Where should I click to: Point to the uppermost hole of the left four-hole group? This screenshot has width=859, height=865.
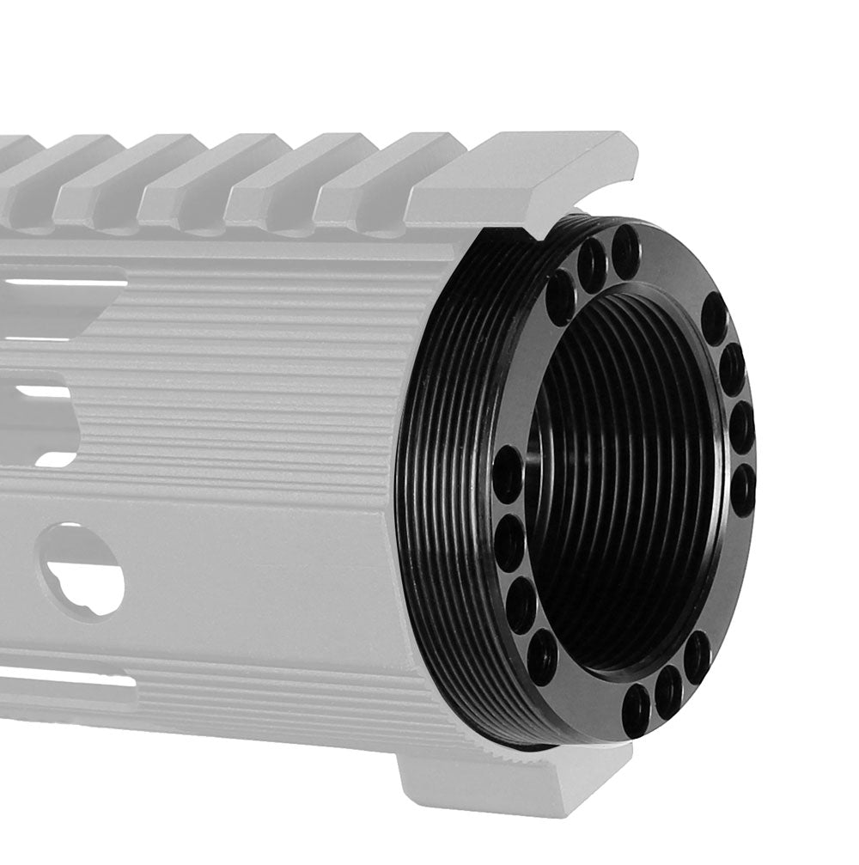pos(507,474)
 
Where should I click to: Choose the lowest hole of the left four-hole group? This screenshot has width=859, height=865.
pos(542,657)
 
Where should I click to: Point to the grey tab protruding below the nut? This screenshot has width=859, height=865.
pos(507,777)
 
